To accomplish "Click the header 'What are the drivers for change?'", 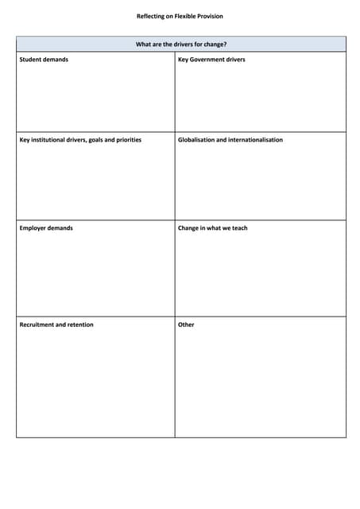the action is point(181,45).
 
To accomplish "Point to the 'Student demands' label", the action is point(44,60).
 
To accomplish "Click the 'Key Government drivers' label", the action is point(211,60).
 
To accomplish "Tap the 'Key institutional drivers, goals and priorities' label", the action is point(80,140).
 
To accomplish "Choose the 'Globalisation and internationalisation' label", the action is point(230,140).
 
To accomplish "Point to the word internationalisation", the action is point(255,140).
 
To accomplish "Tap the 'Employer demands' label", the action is point(46,228).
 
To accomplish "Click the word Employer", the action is point(33,228).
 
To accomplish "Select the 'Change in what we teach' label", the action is point(213,228).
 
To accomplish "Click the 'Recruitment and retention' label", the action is point(56,324).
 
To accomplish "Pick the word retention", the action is point(79,324).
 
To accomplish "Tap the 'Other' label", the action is point(186,324).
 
